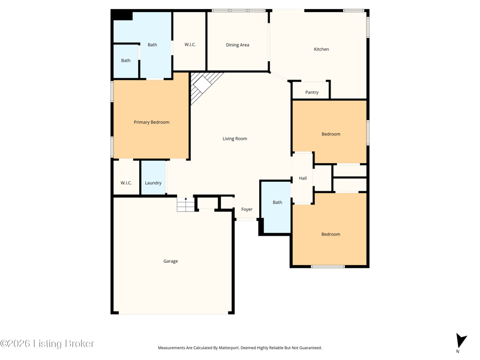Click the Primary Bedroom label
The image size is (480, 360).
point(152,122)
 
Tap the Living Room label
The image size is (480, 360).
point(235,139)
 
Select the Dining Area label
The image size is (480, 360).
point(238,45)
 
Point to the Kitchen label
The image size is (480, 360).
point(322,49)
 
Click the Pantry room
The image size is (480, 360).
point(311,91)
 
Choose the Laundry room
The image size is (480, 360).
point(153,178)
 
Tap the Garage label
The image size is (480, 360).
point(170,261)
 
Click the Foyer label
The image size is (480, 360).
point(247,209)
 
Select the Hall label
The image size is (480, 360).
point(303,178)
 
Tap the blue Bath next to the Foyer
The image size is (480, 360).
point(277,207)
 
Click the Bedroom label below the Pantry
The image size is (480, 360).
point(331,134)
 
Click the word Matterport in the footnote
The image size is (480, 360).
point(229,348)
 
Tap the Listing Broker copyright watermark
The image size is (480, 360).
point(47,344)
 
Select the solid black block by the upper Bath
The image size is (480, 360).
point(122,15)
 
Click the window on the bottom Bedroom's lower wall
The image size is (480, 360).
point(328,266)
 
